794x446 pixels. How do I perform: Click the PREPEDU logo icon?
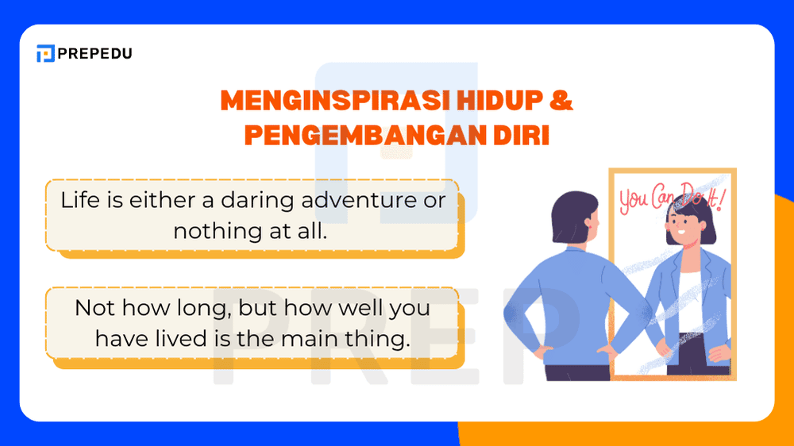45,54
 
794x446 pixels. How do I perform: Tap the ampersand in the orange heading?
561,101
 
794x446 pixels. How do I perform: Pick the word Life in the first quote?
80,200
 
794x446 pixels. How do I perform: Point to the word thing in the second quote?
379,339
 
